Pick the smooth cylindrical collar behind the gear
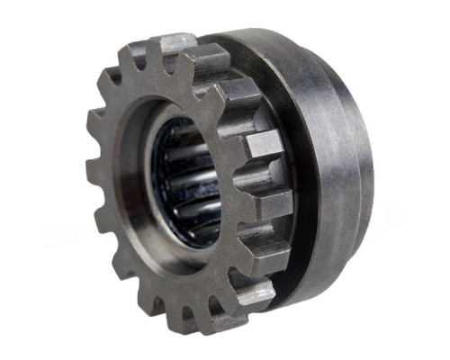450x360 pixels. tap(333, 162)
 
